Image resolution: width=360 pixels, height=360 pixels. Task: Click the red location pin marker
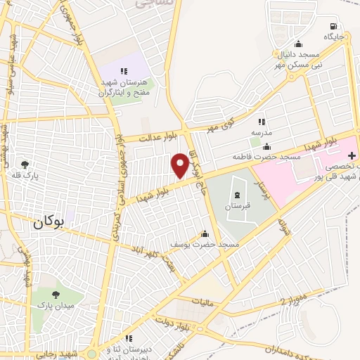(x=180, y=165)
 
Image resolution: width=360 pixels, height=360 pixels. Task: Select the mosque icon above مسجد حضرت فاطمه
(x=266, y=147)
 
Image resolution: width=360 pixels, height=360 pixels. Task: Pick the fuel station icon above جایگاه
(x=328, y=25)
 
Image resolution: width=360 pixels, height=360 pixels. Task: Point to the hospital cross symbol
(x=352, y=155)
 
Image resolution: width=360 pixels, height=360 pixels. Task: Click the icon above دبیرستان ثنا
(x=128, y=339)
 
